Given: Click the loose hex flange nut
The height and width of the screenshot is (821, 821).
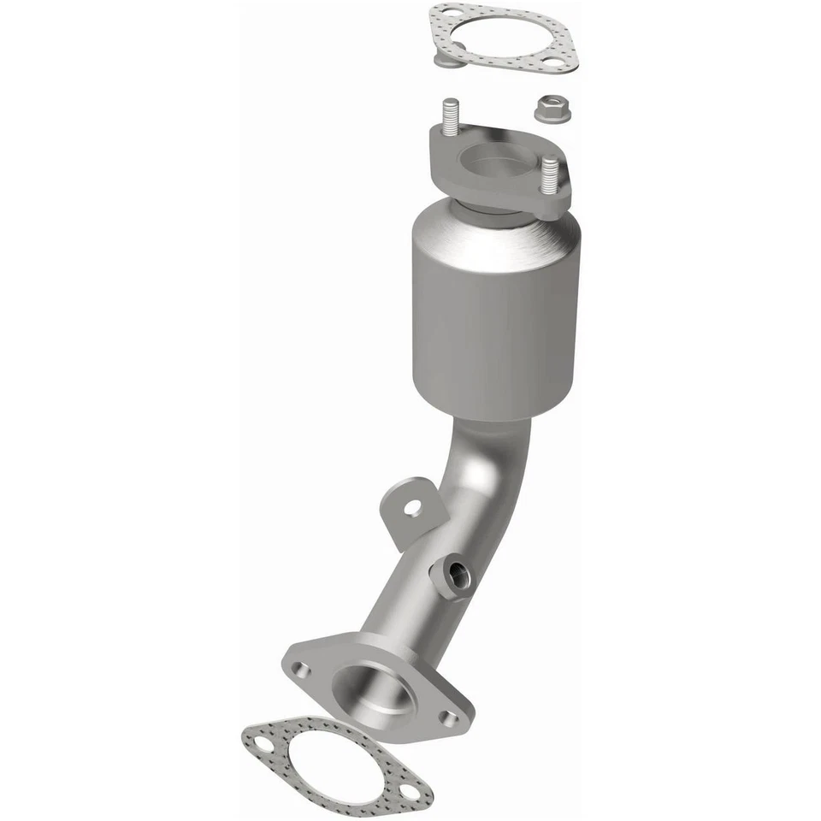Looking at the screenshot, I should (547, 109).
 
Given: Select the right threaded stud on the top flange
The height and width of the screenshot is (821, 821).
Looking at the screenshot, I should (552, 176).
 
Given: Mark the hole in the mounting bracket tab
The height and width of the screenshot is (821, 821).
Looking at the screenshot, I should (412, 508).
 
